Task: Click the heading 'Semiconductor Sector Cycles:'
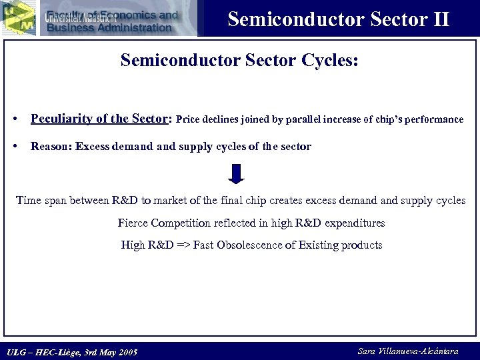coord(239,61)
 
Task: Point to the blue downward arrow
coord(236,173)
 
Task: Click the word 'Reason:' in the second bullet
coord(51,147)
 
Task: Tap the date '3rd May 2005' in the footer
coord(109,352)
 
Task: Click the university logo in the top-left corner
coord(18,17)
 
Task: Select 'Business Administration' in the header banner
coord(109,27)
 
